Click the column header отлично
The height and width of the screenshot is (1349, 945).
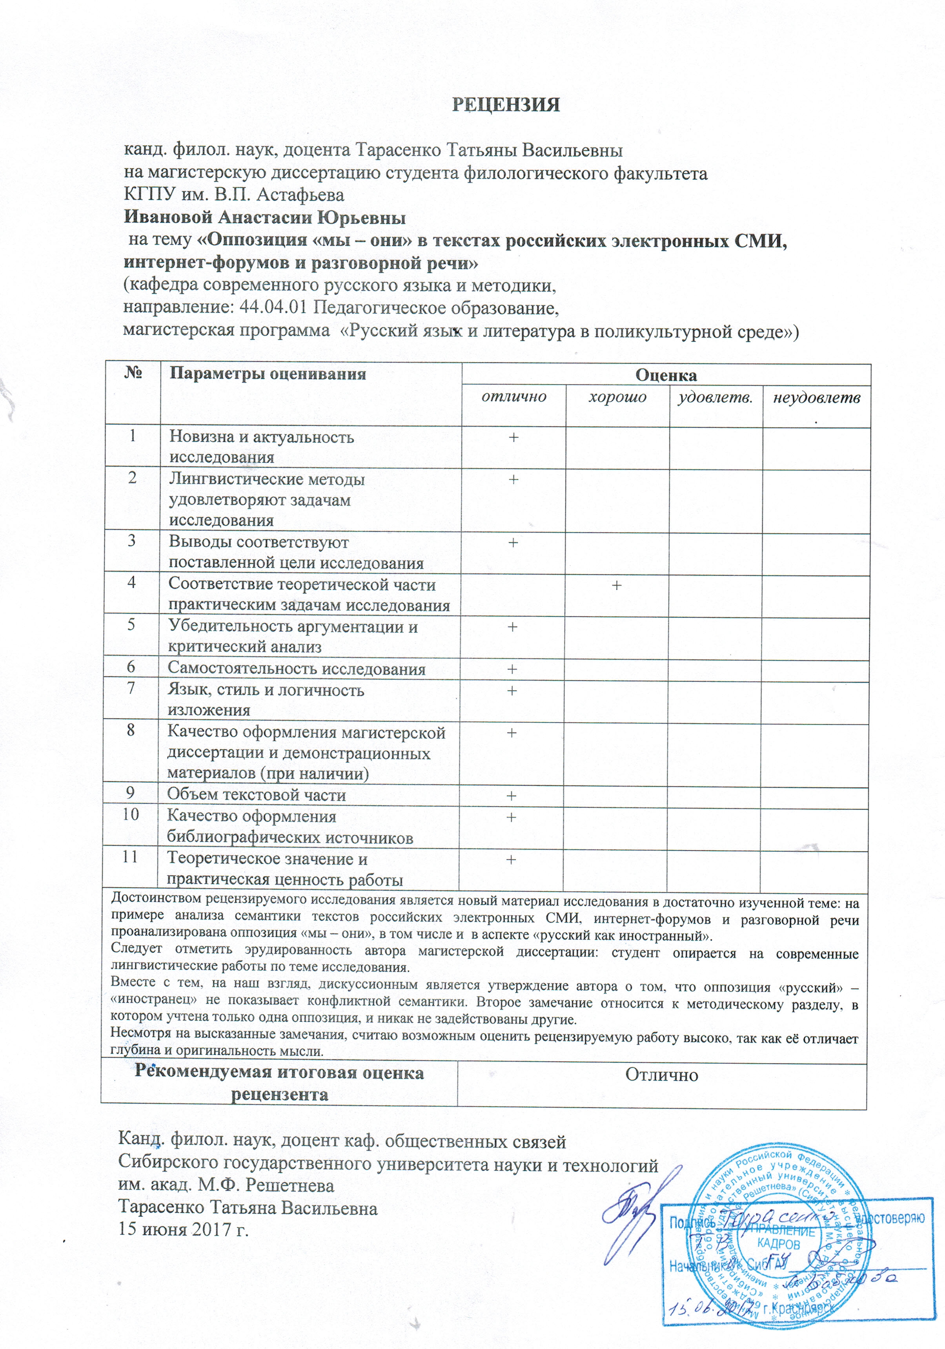point(513,396)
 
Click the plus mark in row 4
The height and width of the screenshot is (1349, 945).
point(617,585)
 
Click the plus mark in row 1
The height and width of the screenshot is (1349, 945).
point(513,438)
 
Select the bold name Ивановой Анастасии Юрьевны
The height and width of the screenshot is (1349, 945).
point(264,218)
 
